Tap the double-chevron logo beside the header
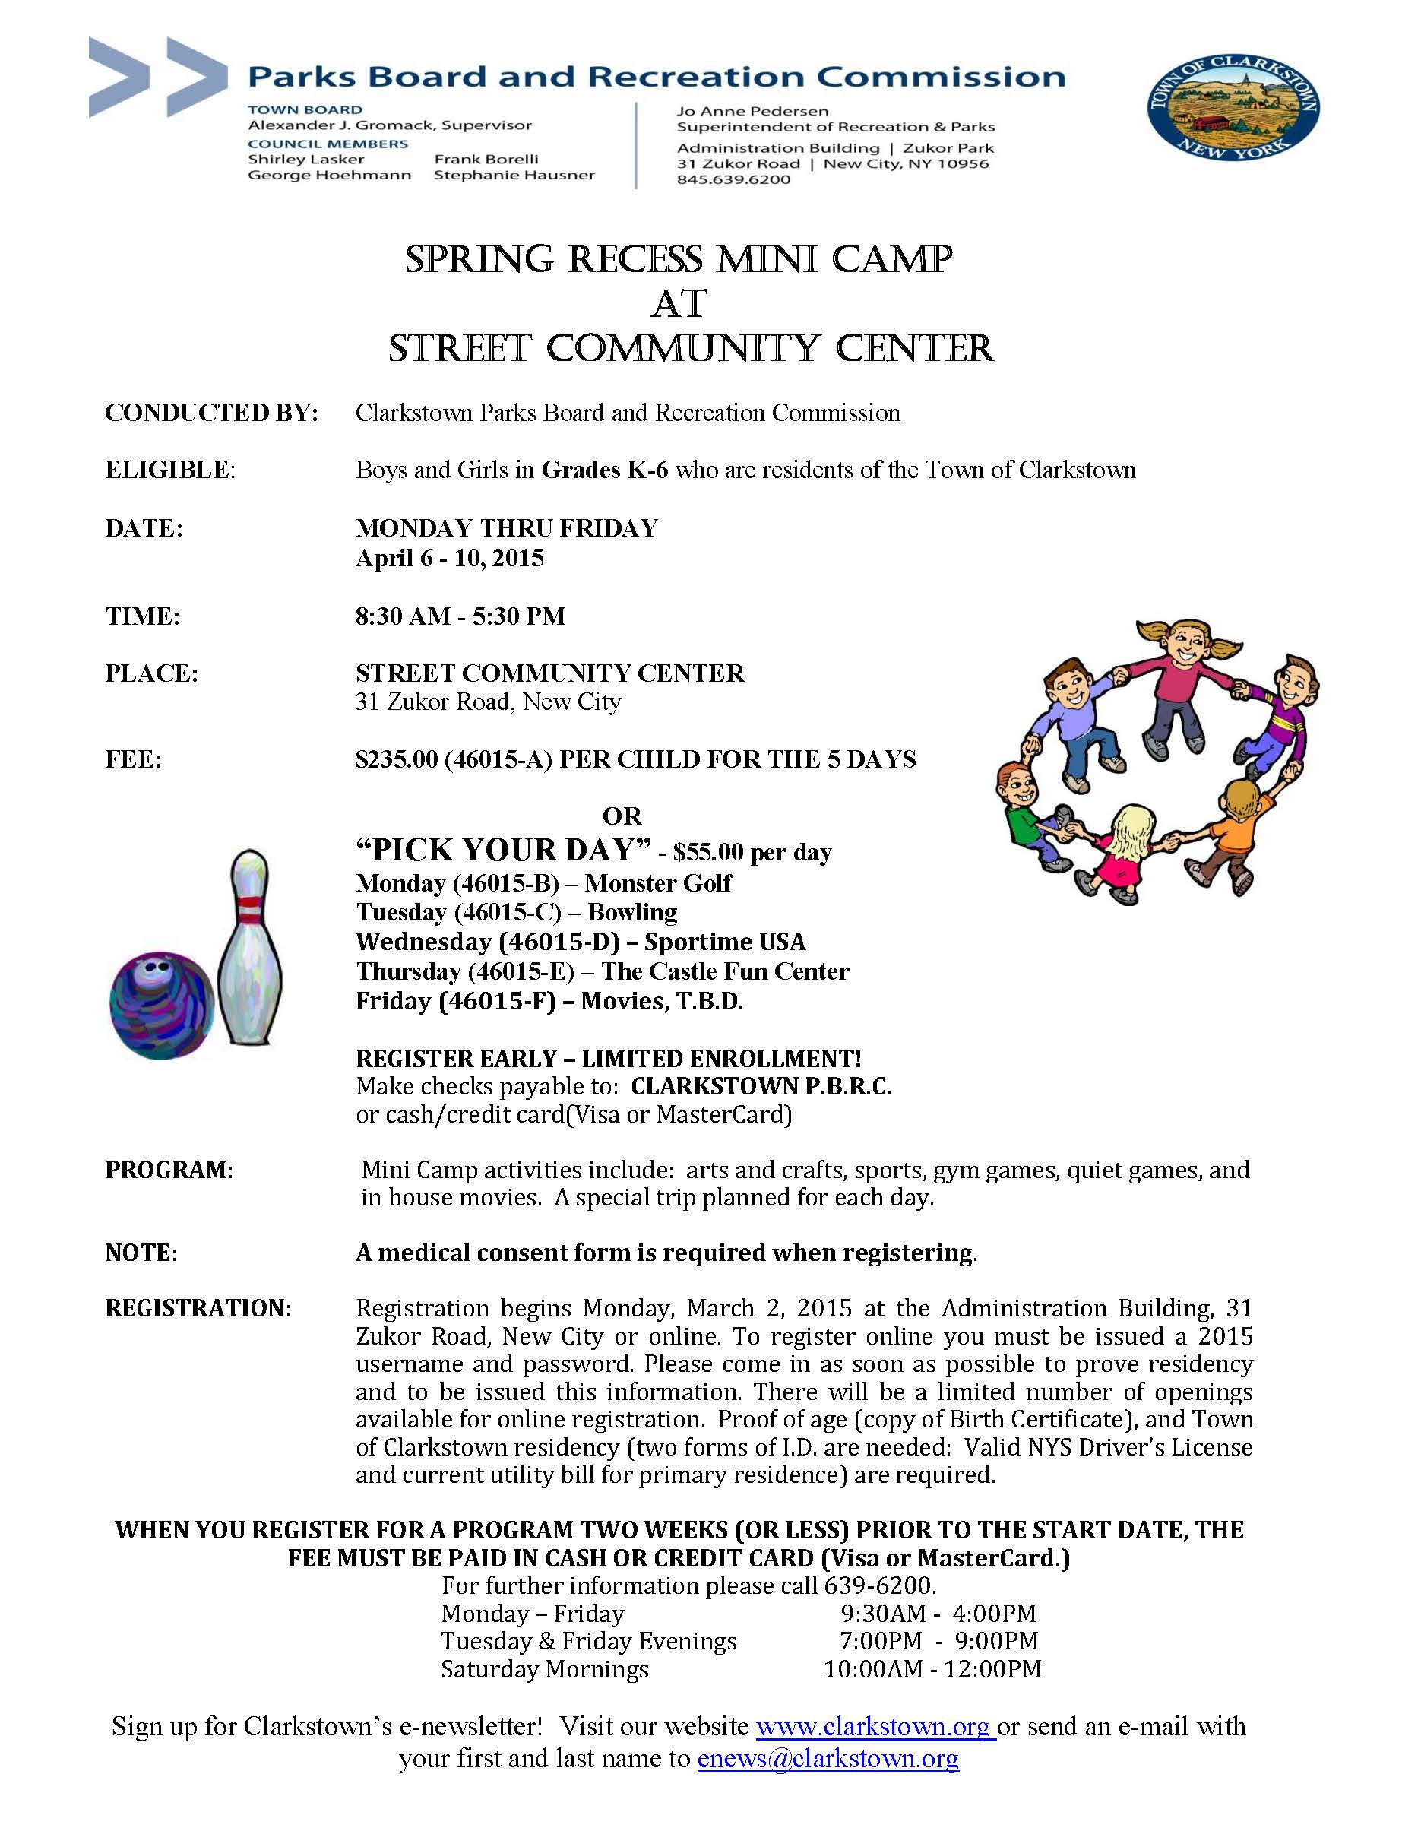(x=157, y=77)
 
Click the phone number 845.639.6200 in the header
(x=733, y=179)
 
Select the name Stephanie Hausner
(x=514, y=176)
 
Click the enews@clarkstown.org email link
(x=828, y=1758)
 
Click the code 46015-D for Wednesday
(x=559, y=942)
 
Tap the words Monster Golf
(x=658, y=882)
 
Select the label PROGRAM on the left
(x=166, y=1170)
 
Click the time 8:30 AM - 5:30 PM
(x=460, y=616)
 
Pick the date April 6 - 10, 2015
(x=449, y=559)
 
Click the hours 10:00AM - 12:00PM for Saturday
(x=932, y=1669)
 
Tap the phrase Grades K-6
(x=604, y=470)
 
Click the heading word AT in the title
(x=679, y=303)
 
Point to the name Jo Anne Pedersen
(x=752, y=111)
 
